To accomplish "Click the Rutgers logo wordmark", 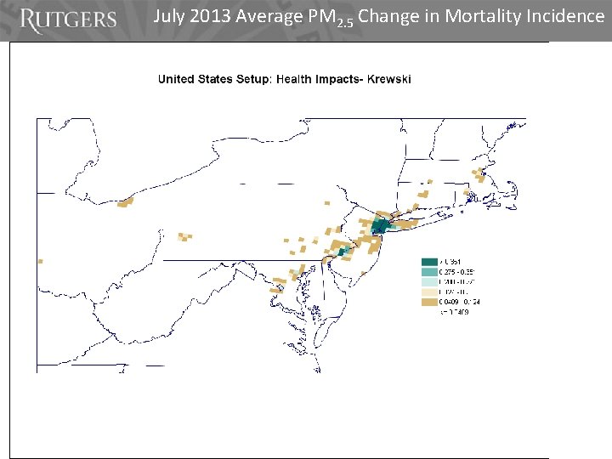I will point(67,20).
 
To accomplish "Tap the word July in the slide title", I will point(171,16).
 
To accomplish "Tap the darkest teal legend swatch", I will point(429,262).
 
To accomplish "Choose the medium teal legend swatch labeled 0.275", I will point(429,272).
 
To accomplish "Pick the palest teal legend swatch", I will point(429,282).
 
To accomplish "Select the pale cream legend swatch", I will point(429,292).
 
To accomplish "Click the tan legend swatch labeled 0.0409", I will point(429,302).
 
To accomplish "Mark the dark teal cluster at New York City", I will point(380,226).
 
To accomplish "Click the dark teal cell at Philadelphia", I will point(343,252).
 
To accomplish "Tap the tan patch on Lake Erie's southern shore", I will point(126,202).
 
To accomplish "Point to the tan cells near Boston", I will point(479,176).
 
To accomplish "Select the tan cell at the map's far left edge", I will point(39,261).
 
